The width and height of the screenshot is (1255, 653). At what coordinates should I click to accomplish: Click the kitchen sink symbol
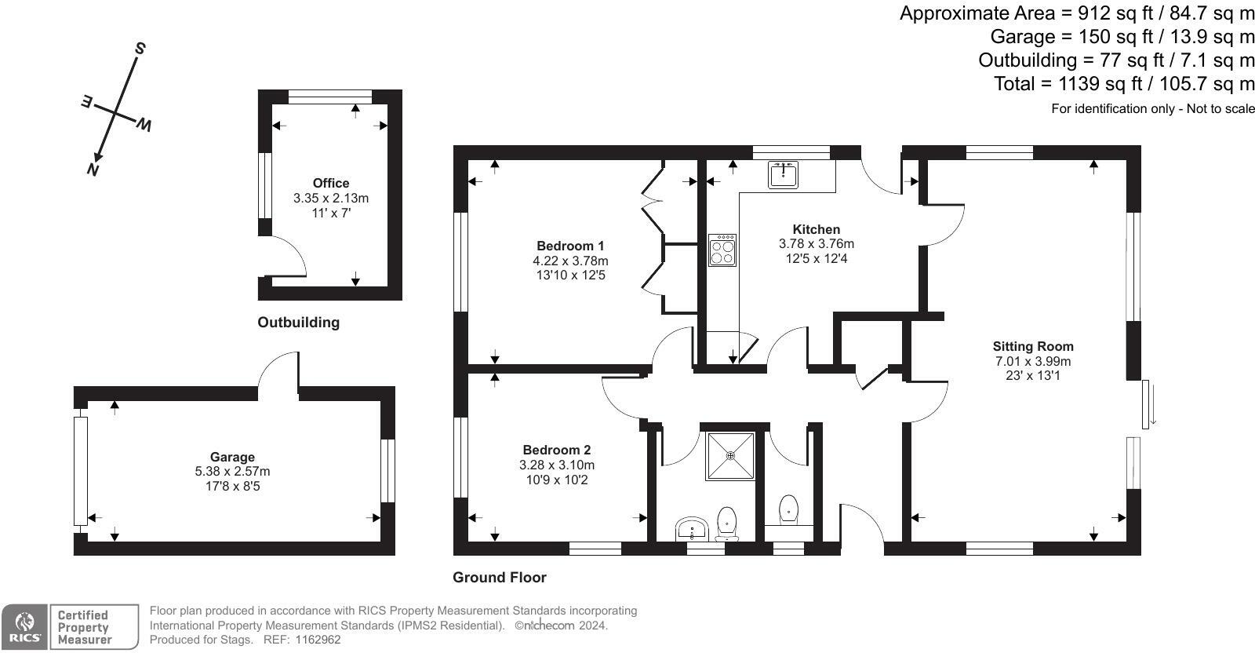tap(783, 174)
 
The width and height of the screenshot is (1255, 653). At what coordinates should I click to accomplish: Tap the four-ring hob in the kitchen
tap(722, 250)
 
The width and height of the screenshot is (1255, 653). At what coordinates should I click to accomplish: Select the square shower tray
tap(730, 456)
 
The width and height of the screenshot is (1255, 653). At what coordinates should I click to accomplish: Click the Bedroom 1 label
tap(570, 246)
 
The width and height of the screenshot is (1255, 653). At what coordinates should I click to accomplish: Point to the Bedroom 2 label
tap(556, 450)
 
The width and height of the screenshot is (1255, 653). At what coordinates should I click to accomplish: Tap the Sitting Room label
tap(1033, 346)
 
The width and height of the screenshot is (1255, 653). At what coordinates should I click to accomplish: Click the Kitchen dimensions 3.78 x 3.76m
tap(817, 244)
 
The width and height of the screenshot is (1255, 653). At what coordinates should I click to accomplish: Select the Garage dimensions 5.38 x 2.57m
tap(232, 472)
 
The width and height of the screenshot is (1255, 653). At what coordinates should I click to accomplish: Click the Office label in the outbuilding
tap(330, 184)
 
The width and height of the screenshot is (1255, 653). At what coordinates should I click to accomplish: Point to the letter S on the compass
tap(140, 49)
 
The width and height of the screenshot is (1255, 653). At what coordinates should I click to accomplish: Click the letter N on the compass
tap(93, 169)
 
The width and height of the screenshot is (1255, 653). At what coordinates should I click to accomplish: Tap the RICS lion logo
tap(24, 626)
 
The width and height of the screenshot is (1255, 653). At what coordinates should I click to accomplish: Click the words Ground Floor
tap(499, 578)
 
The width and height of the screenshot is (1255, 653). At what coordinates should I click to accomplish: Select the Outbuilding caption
tap(298, 323)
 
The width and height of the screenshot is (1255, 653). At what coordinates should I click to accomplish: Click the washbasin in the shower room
tap(692, 528)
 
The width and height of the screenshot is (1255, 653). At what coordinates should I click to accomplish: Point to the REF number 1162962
tap(318, 640)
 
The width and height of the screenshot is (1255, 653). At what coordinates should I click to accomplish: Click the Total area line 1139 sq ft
tap(1123, 84)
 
